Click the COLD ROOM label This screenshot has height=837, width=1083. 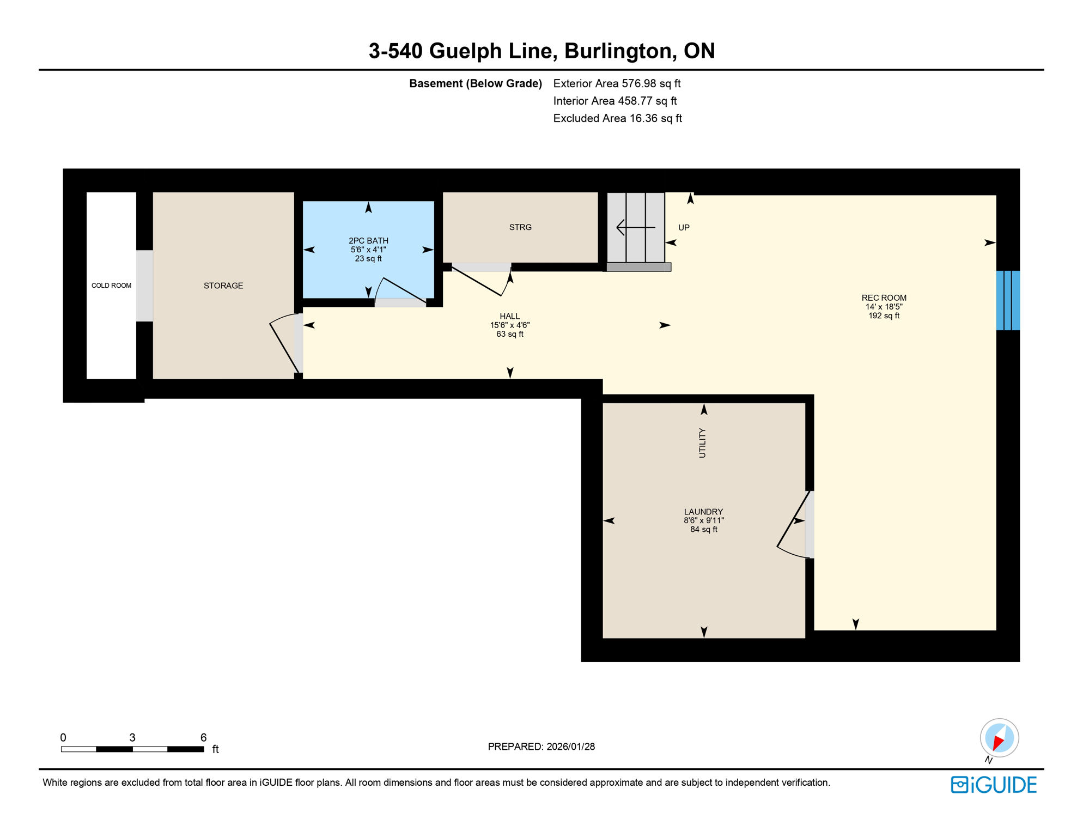pos(111,286)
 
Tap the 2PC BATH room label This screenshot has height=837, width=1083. pos(368,241)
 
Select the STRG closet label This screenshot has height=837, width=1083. pos(520,227)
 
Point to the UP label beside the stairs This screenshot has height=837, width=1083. pos(684,228)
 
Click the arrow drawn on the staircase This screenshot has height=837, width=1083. pos(635,227)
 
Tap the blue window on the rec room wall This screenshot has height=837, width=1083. pos(1008,300)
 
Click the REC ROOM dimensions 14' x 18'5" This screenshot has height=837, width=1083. pos(884,307)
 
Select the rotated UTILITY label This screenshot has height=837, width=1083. pos(702,442)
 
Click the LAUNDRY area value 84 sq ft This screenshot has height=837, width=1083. pos(703,530)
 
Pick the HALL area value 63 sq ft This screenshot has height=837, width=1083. pos(509,334)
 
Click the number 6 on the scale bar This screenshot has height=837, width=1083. pos(203,737)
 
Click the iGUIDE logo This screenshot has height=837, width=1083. pos(994,785)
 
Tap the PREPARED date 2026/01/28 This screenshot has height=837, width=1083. pos(570,747)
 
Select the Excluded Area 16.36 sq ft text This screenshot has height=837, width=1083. pos(617,118)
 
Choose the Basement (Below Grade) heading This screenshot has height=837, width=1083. pos(475,83)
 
